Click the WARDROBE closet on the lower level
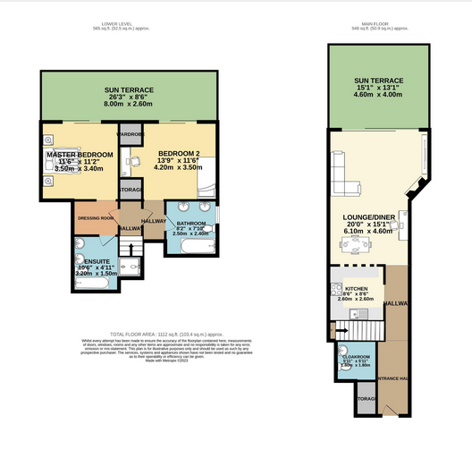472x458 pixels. point(131,135)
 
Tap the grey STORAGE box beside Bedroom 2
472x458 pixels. point(131,191)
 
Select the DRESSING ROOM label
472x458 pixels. point(96,217)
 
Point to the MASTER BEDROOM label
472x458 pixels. point(80,155)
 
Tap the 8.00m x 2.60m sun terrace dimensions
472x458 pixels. point(129,104)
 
